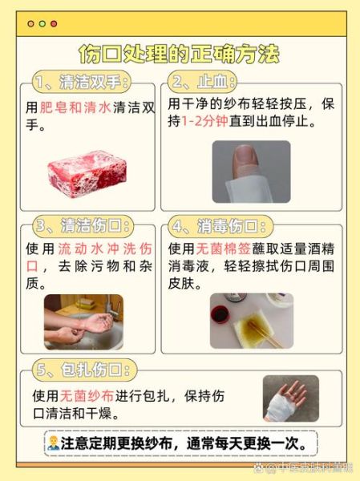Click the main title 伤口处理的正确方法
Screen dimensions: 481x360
(x=180, y=54)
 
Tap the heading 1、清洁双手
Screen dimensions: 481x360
(x=80, y=83)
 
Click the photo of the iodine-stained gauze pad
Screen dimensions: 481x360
(x=251, y=321)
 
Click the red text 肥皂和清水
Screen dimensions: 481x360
(x=75, y=107)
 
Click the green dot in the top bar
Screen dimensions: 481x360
(x=54, y=24)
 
